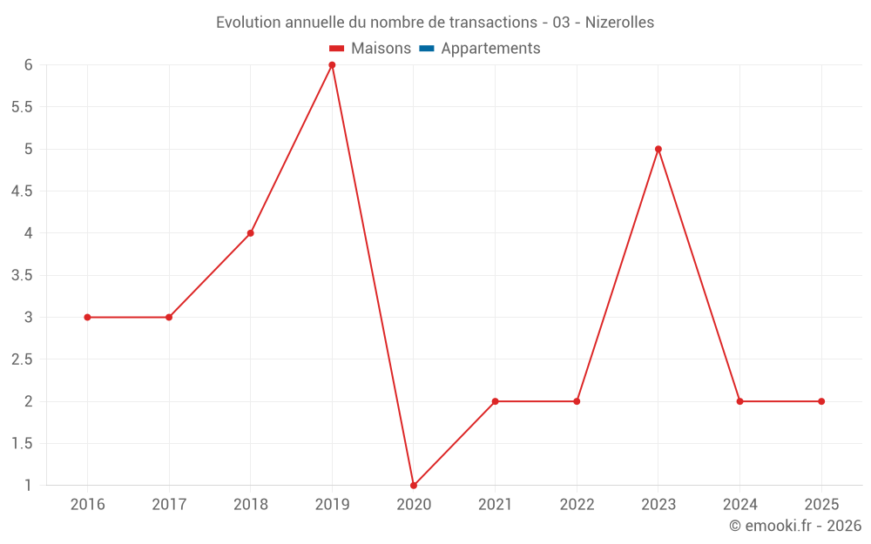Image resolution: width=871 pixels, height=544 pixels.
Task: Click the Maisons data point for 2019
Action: click(332, 65)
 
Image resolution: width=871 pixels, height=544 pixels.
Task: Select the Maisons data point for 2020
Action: click(414, 485)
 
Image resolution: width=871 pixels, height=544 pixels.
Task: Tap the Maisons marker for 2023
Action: click(658, 149)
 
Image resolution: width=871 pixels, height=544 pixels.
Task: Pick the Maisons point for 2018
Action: click(250, 233)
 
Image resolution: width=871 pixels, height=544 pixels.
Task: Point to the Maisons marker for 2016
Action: click(87, 317)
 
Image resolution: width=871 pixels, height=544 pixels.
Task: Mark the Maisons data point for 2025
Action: click(821, 401)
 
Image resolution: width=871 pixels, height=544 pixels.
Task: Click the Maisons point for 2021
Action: click(495, 401)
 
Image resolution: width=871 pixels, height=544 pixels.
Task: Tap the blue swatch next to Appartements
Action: click(426, 49)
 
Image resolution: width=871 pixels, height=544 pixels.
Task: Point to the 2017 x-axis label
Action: click(169, 505)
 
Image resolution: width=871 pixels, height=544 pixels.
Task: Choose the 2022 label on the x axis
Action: click(577, 505)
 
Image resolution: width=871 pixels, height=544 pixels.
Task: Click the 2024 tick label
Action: click(739, 505)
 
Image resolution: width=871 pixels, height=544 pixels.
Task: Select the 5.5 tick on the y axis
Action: click(22, 107)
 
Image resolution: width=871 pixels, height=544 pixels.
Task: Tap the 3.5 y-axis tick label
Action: click(22, 275)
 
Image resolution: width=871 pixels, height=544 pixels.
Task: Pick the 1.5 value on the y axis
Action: click(22, 444)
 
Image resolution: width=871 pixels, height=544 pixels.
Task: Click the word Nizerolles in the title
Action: click(619, 23)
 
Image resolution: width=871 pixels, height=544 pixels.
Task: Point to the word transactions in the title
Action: click(496, 23)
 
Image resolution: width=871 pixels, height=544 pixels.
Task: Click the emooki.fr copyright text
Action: click(795, 526)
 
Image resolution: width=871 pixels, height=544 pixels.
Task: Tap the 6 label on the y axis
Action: click(29, 65)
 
